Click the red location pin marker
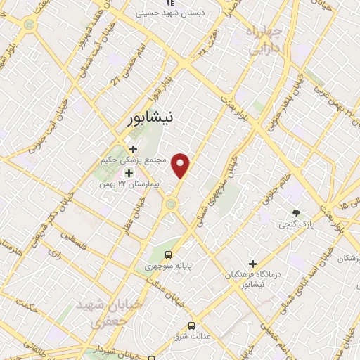(x=181, y=165)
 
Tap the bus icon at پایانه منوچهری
(x=168, y=255)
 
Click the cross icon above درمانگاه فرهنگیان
(x=252, y=264)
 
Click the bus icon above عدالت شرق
(x=191, y=326)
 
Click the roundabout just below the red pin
(x=171, y=205)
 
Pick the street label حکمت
(x=28, y=306)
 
